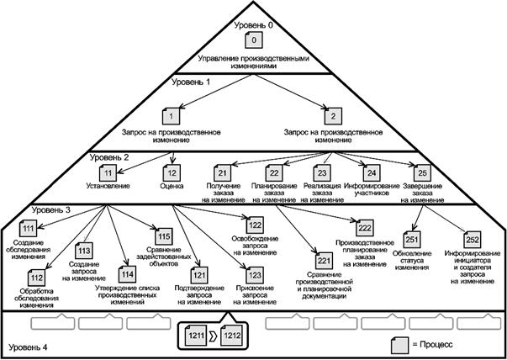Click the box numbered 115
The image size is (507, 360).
click(163, 236)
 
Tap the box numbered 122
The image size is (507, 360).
click(256, 224)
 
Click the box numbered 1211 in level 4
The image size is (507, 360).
click(195, 336)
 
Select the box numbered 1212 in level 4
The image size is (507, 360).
click(233, 336)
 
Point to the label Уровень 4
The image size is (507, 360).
click(31, 347)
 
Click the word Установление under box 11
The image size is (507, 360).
click(109, 187)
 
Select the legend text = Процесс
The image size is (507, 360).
click(441, 345)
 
